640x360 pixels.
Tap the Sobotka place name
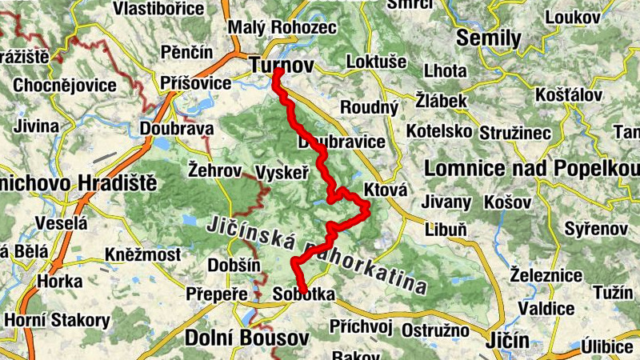303,294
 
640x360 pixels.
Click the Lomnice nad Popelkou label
532,169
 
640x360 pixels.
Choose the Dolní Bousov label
238,337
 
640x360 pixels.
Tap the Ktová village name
386,190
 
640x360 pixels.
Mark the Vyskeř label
282,171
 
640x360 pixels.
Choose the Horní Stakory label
57,320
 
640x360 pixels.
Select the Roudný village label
369,107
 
